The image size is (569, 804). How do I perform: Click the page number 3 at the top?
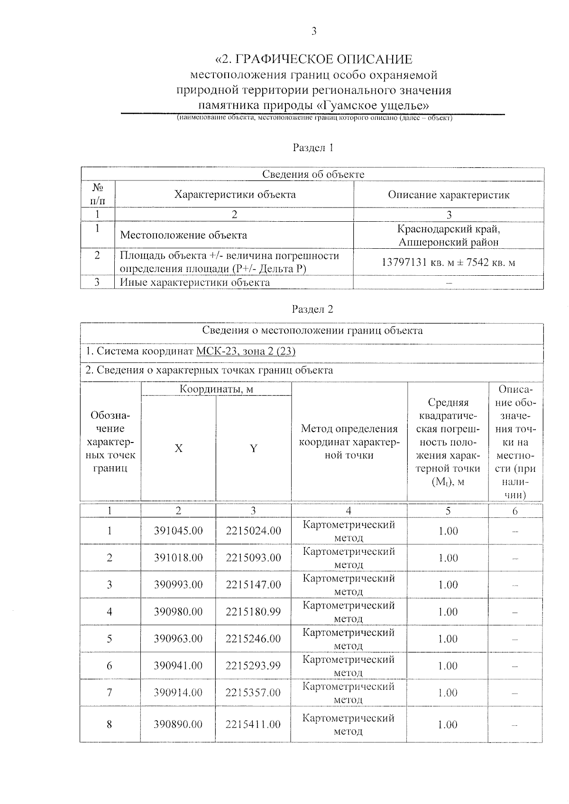click(313, 32)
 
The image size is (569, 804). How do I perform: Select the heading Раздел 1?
click(313, 148)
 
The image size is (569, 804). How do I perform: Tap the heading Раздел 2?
click(312, 309)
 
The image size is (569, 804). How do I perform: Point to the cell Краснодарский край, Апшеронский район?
click(449, 235)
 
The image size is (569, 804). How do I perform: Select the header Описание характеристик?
click(449, 195)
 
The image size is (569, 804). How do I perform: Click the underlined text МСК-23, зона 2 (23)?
click(246, 351)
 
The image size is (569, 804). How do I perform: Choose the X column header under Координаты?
click(178, 448)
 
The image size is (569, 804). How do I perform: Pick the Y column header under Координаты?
click(254, 448)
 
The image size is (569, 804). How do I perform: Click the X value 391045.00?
click(178, 531)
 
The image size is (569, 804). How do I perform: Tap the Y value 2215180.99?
click(253, 612)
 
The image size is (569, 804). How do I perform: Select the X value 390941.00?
click(178, 666)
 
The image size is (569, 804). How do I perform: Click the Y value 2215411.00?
click(253, 724)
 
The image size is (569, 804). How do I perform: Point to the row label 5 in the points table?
click(110, 639)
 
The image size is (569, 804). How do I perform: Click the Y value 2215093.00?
click(253, 558)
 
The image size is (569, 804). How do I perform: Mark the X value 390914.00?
click(178, 693)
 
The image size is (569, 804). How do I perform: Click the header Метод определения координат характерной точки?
click(349, 442)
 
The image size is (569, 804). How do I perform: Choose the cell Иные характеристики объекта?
click(195, 282)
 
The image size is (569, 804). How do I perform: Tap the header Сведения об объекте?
click(313, 174)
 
